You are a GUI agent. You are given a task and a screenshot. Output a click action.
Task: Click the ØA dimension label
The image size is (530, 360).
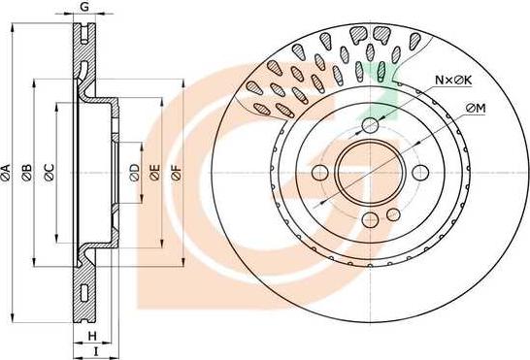coord(6,172)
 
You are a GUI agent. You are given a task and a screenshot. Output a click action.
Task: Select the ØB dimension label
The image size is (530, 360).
coord(27,172)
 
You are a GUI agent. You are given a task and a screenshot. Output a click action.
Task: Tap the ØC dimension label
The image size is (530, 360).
coord(50,172)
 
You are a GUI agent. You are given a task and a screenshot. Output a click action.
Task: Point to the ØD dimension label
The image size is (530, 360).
coord(135,173)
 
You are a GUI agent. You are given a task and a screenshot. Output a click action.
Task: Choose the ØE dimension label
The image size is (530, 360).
coord(155,173)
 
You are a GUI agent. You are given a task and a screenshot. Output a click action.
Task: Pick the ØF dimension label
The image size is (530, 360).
coord(177,173)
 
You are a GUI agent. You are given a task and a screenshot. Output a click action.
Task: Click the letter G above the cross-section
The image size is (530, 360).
coord(84,7)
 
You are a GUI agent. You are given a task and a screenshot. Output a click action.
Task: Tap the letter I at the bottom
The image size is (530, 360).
coord(96,351)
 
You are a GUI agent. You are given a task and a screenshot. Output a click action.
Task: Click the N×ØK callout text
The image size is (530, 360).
coord(453,81)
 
